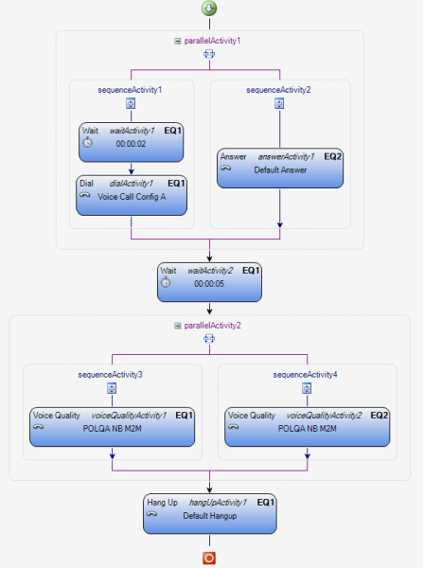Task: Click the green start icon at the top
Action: pos(209,9)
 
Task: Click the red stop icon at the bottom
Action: pos(209,558)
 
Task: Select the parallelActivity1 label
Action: pos(212,41)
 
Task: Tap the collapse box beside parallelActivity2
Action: pos(177,326)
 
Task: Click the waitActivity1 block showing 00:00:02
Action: pos(131,142)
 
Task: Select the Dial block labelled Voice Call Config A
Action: pos(132,195)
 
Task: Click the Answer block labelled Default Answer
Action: pos(280,168)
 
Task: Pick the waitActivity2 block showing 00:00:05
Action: pos(209,282)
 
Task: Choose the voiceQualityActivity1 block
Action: pos(112,427)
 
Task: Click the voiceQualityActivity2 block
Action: pos(307,427)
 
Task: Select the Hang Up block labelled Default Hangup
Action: pos(210,514)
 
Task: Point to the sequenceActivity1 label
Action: pos(130,90)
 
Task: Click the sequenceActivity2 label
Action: pos(278,90)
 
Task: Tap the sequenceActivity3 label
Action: pos(110,375)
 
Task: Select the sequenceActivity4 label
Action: pos(305,375)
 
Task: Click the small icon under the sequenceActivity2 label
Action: pos(279,103)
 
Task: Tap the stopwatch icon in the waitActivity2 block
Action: pos(166,282)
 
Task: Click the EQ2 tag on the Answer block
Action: pos(333,156)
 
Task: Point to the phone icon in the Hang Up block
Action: pos(151,514)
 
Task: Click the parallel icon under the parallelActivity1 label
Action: pos(209,54)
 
